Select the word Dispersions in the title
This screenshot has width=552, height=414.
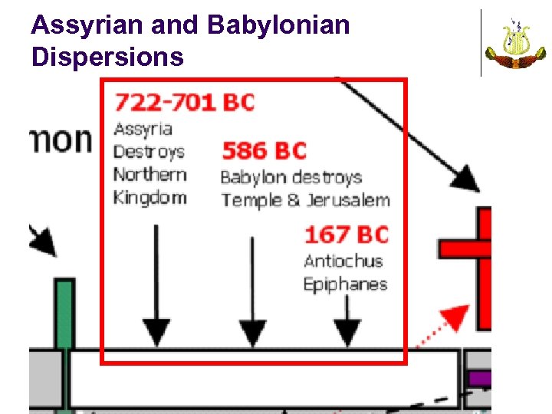pos(107,57)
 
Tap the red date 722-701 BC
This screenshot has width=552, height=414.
pos(184,102)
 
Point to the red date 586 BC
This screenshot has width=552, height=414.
pos(264,150)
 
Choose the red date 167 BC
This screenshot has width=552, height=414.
pos(347,234)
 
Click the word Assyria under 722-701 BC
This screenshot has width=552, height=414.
pos(143,128)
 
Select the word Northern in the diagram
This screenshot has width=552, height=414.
pos(149,174)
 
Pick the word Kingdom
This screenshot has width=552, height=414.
pos(149,197)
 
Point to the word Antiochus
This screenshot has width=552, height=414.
pos(343,261)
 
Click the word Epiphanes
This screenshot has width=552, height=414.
pos(345,284)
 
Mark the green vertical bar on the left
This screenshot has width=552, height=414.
pos(65,314)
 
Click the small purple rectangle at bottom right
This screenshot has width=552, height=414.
pos(479,378)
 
